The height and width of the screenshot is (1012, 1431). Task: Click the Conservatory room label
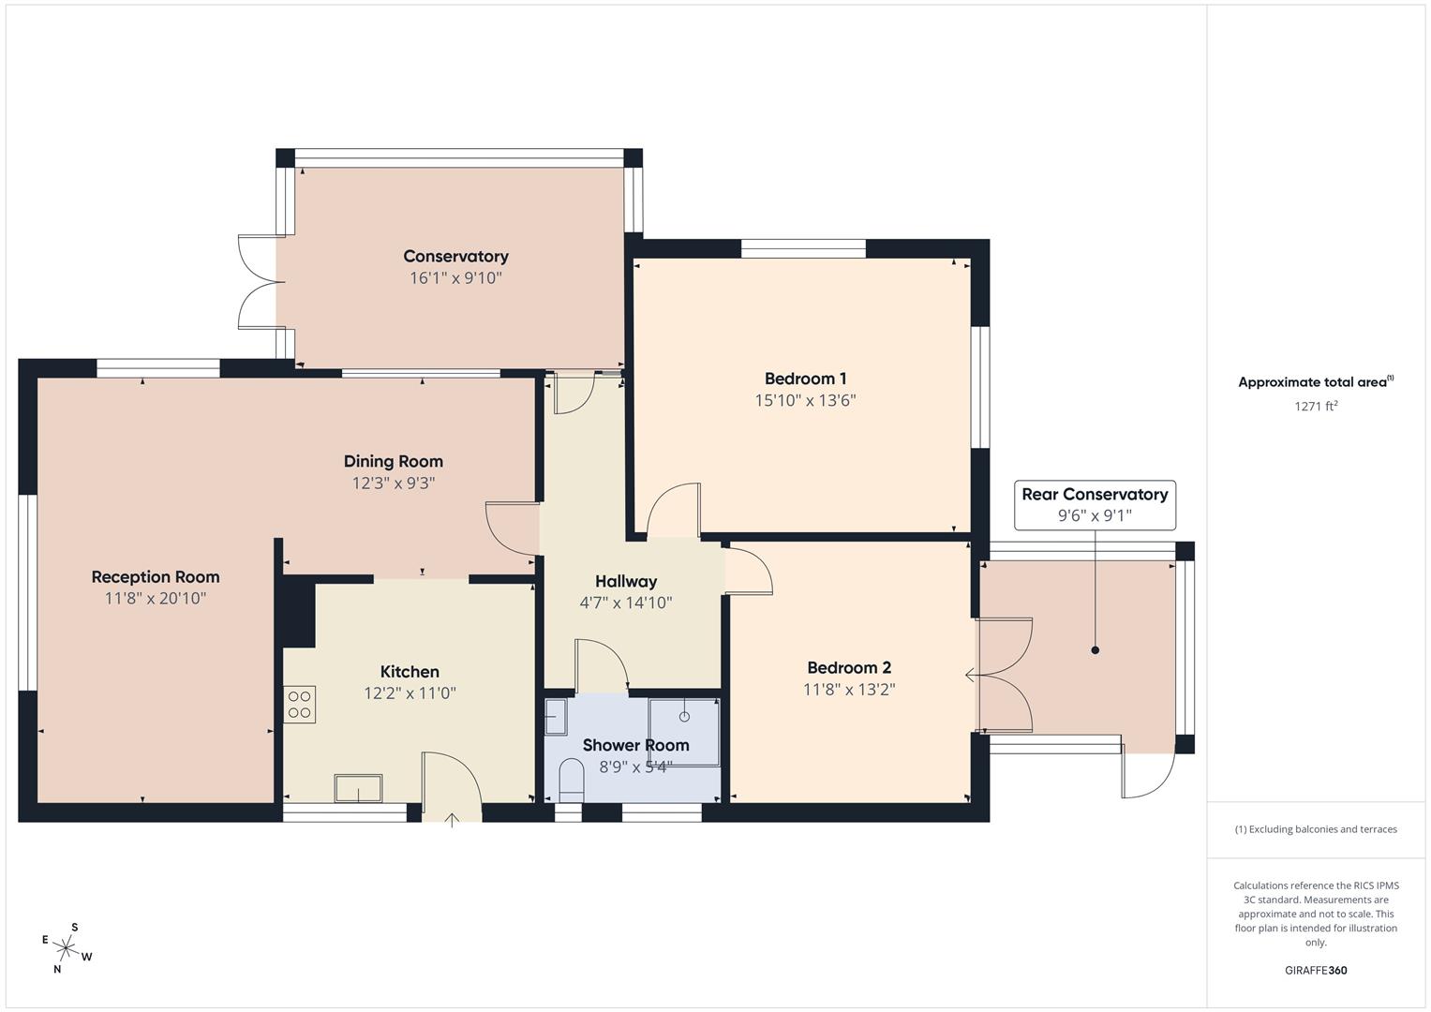click(x=455, y=257)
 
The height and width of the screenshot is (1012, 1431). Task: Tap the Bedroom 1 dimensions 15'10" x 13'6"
click(x=805, y=401)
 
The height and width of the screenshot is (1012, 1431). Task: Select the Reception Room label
click(x=156, y=577)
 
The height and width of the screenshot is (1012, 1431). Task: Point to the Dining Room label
click(x=393, y=461)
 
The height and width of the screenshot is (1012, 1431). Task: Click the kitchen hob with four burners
click(x=300, y=705)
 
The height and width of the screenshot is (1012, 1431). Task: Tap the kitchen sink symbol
click(x=358, y=788)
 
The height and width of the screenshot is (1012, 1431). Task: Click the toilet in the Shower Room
click(x=570, y=780)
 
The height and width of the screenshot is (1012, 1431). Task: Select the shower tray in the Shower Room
click(x=684, y=731)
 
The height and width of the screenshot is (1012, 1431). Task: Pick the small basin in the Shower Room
click(x=556, y=717)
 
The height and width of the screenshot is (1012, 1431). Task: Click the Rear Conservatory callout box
click(x=1095, y=505)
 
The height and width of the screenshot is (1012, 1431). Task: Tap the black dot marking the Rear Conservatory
click(x=1095, y=650)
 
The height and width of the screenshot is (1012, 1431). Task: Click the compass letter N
click(x=57, y=970)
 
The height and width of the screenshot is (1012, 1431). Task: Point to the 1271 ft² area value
click(x=1316, y=407)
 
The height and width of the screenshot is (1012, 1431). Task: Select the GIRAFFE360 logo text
click(x=1316, y=971)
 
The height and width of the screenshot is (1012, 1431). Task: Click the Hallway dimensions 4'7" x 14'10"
click(x=626, y=603)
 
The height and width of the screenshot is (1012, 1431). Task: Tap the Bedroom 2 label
click(x=849, y=668)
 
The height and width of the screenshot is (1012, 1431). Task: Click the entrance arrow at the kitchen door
click(x=452, y=821)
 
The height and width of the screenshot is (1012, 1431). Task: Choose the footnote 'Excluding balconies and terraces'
click(x=1316, y=829)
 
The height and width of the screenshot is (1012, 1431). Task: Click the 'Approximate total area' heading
click(x=1316, y=382)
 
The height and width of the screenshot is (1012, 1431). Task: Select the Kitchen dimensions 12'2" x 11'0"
click(x=410, y=694)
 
